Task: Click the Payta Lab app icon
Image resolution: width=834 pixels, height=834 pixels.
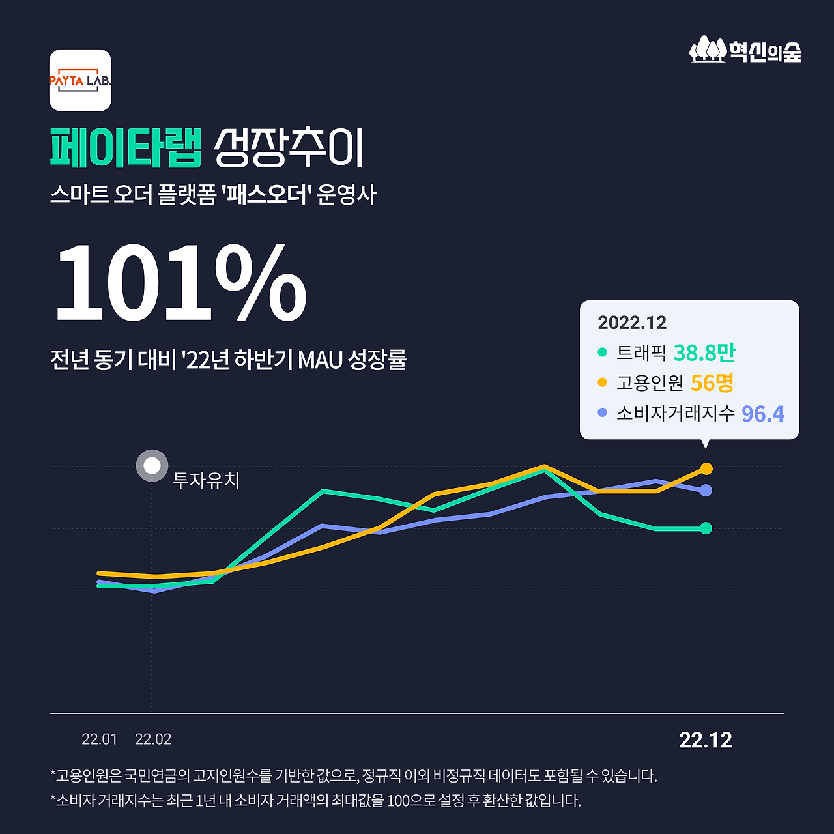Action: [80, 80]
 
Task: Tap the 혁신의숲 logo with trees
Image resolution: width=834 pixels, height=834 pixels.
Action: [745, 50]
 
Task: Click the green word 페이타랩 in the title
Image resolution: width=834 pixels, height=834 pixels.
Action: [126, 148]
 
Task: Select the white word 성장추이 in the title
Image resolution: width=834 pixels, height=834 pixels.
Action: [289, 148]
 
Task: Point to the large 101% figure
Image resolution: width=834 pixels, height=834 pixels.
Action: [180, 283]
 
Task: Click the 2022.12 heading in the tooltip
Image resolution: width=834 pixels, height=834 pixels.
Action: [632, 323]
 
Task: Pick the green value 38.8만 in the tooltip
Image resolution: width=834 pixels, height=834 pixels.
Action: [704, 352]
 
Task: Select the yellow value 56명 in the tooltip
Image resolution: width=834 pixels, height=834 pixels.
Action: [712, 383]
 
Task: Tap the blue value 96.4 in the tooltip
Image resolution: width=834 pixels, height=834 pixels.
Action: [762, 414]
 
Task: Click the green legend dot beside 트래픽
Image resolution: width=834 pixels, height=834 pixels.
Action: [602, 352]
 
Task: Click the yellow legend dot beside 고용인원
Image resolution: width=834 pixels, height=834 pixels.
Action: [602, 382]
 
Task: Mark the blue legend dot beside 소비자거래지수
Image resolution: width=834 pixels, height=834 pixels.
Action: [602, 413]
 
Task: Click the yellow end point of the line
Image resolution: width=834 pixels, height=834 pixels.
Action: [706, 468]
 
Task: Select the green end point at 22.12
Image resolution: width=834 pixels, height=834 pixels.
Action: [706, 528]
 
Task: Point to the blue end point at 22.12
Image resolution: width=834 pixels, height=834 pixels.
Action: [706, 491]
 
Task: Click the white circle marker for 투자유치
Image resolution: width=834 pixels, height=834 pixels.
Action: [152, 466]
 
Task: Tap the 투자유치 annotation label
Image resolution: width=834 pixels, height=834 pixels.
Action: [206, 480]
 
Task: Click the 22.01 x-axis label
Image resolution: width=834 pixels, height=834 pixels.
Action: [99, 740]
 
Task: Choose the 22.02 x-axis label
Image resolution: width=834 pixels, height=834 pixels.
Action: [153, 740]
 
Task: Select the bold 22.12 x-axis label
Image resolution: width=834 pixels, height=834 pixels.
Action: [706, 740]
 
